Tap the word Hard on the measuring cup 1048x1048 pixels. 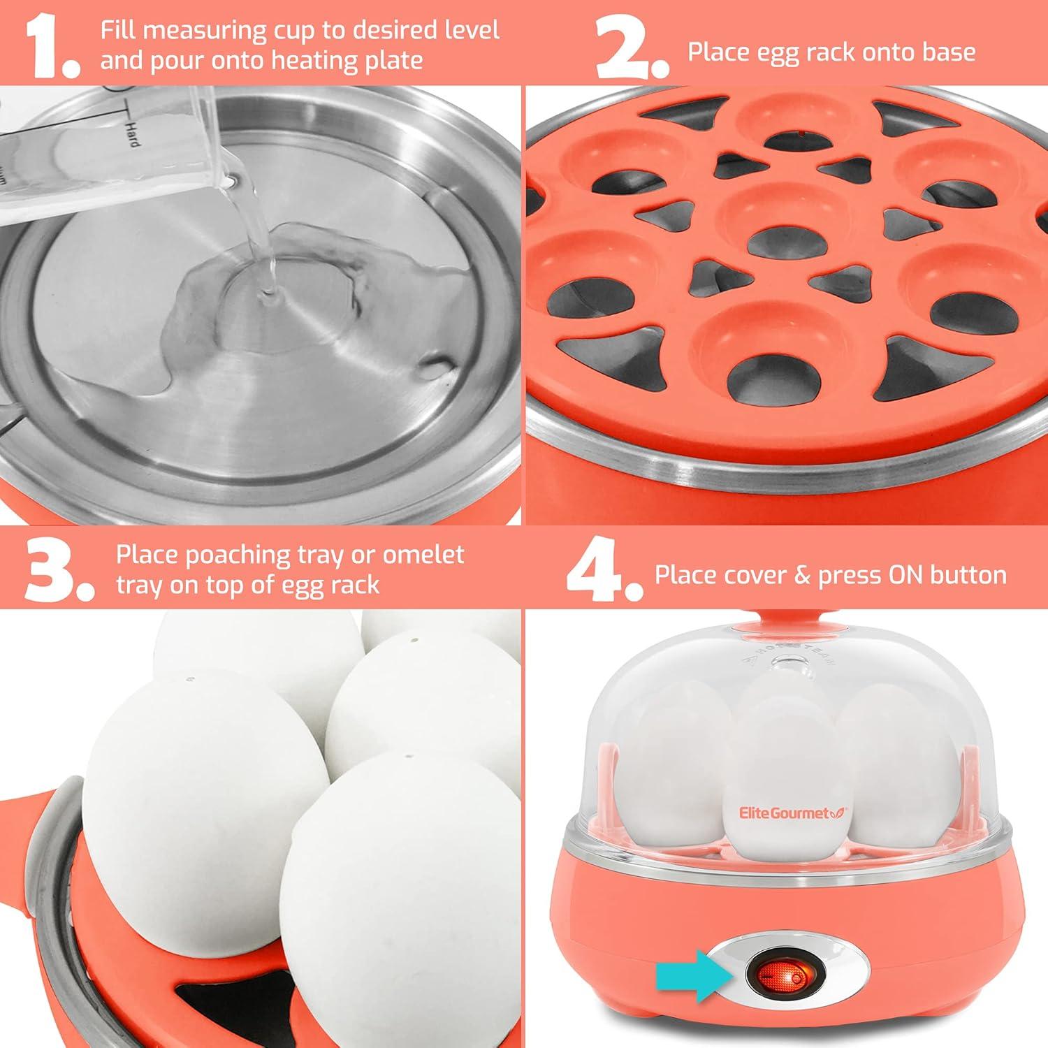[131, 133]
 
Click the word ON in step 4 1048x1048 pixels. [907, 575]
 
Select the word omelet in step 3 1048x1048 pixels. [423, 555]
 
